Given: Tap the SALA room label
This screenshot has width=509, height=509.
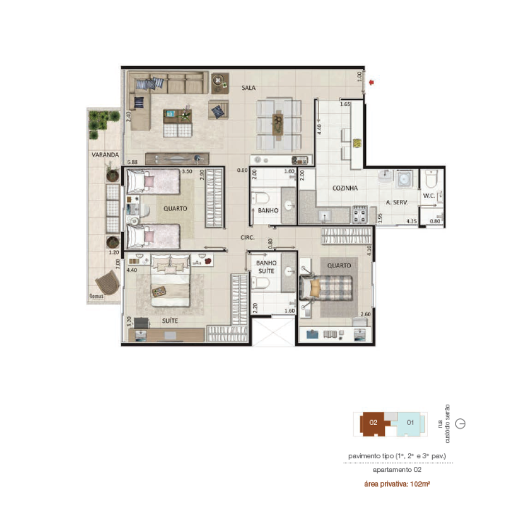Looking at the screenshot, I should (248, 88).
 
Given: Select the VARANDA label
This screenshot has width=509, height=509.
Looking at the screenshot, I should (105, 154).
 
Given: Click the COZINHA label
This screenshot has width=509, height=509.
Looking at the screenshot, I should (345, 188).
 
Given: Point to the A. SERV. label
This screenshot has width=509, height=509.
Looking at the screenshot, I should (395, 202).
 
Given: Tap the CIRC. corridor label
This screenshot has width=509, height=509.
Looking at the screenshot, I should (248, 238).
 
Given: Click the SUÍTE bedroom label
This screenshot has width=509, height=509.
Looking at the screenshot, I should (170, 321).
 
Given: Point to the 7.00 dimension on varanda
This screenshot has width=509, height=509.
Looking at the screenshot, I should (118, 264).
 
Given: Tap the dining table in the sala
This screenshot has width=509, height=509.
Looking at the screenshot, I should (278, 124).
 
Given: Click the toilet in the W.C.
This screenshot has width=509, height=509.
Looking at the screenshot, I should (431, 179).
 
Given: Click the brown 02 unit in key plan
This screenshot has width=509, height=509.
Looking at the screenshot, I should (373, 423).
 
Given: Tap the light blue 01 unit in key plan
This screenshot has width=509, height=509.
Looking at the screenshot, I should (410, 422).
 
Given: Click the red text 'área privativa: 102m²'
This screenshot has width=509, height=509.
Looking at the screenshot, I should (397, 484).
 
